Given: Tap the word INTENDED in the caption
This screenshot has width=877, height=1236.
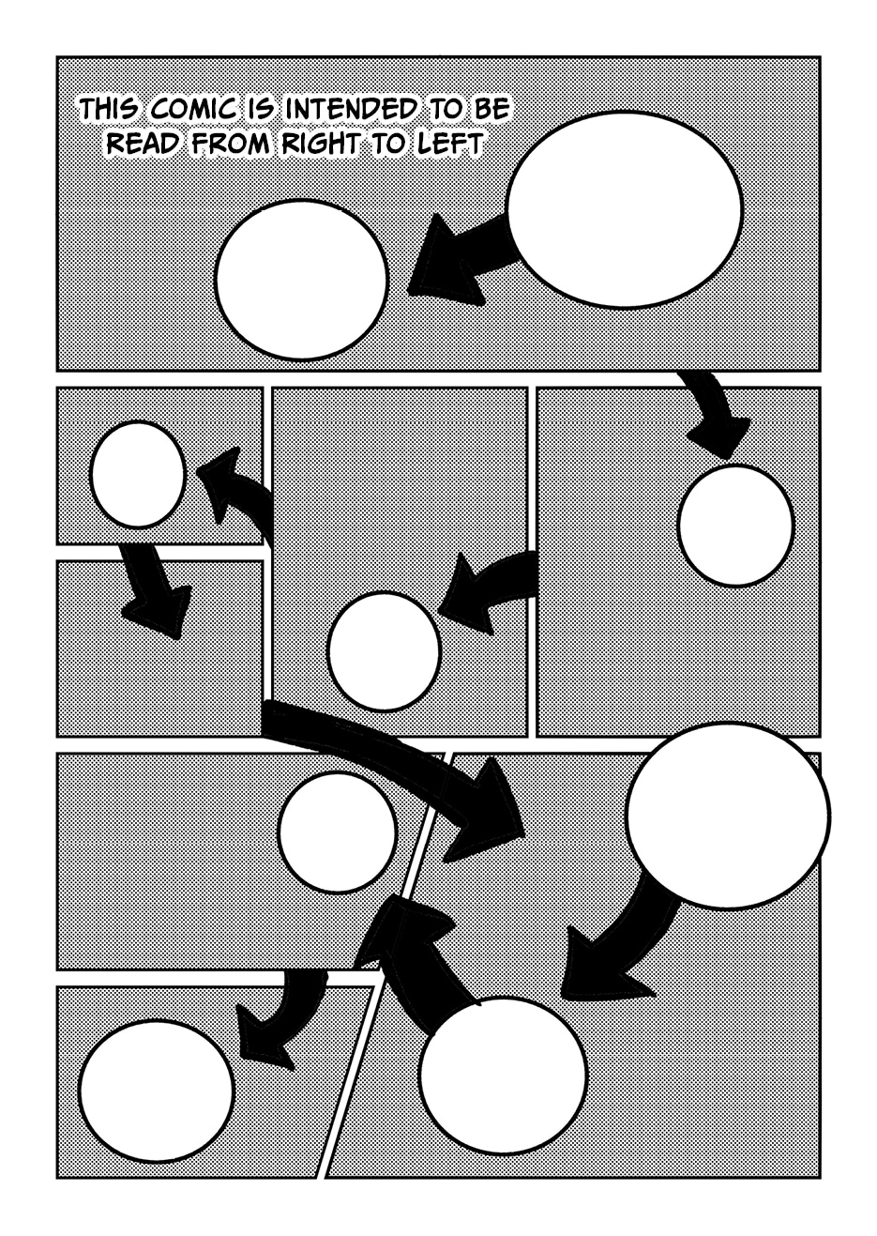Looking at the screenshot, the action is click(x=350, y=110).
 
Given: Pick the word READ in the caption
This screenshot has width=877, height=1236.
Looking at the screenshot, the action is click(x=145, y=144).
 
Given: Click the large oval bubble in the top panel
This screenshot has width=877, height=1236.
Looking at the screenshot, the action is click(x=625, y=209).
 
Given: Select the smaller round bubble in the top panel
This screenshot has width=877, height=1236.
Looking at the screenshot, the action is click(x=301, y=279).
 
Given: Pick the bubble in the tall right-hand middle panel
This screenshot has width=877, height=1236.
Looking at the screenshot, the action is click(x=735, y=526).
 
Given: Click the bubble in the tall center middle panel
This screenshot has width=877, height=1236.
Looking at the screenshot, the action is click(x=384, y=650).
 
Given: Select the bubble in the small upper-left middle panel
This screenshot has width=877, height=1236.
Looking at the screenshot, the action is click(x=137, y=475).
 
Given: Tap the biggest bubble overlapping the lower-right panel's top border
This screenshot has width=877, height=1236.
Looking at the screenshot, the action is click(x=728, y=815).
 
